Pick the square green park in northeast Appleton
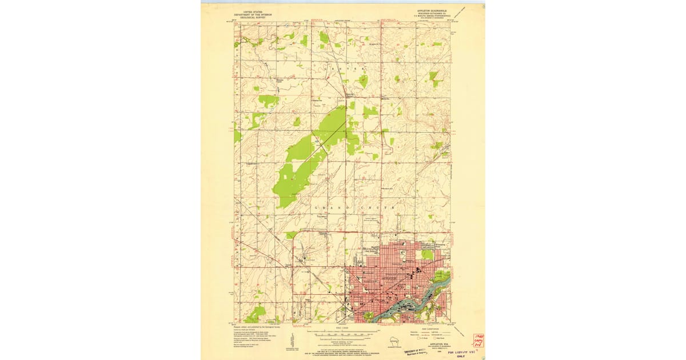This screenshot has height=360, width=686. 427,254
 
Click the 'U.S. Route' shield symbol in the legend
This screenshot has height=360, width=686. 421,339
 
